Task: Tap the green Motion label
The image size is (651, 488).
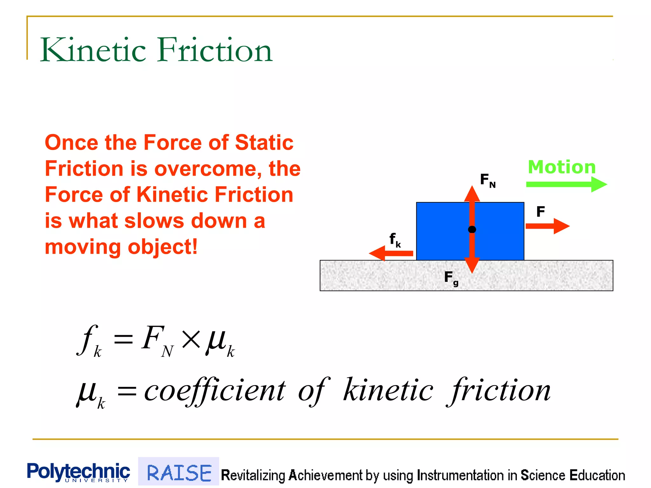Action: pyautogui.click(x=562, y=167)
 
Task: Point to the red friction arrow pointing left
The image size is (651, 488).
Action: pyautogui.click(x=391, y=253)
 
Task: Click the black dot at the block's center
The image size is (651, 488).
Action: pyautogui.click(x=472, y=229)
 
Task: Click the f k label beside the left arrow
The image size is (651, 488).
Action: pyautogui.click(x=395, y=240)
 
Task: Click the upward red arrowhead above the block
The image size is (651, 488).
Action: pyautogui.click(x=472, y=194)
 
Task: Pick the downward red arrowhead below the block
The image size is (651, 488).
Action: pyautogui.click(x=472, y=265)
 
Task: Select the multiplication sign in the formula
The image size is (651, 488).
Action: pyautogui.click(x=191, y=339)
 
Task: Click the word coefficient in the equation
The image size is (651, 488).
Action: pyautogui.click(x=215, y=391)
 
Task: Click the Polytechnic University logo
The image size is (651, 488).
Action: pyautogui.click(x=78, y=472)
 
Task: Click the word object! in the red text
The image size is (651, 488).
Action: pyautogui.click(x=162, y=247)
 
